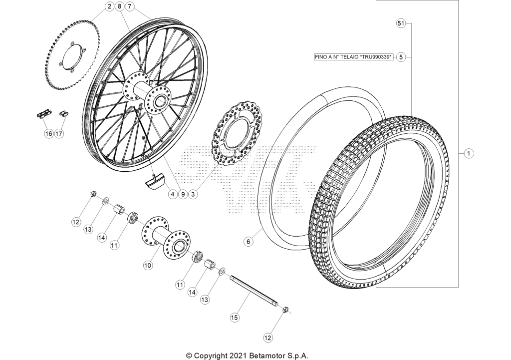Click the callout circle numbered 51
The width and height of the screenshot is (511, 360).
(x=401, y=23)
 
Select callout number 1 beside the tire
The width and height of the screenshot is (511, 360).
(x=469, y=153)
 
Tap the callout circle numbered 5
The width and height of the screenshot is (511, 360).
(x=401, y=57)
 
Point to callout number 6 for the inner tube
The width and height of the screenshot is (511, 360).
(x=249, y=242)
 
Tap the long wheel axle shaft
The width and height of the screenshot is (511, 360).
(x=254, y=292)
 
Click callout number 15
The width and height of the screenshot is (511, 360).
(x=235, y=317)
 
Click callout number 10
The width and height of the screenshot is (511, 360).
(x=148, y=266)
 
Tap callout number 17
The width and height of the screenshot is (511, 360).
(x=59, y=134)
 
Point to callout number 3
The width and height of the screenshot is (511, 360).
(x=193, y=194)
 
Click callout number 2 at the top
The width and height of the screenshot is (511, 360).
(x=109, y=6)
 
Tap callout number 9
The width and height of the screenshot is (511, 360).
(x=183, y=194)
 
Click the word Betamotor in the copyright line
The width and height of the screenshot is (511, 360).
(x=265, y=355)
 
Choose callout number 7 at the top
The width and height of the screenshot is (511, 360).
(x=130, y=6)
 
